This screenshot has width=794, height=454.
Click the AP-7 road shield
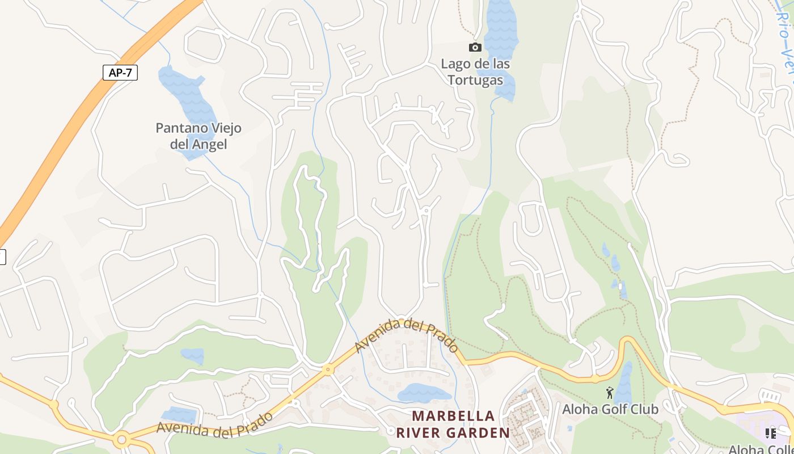[120, 73]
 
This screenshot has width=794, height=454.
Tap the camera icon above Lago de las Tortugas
[475, 48]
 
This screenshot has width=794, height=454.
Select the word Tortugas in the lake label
[475, 80]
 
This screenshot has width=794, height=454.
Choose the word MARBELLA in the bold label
[453, 416]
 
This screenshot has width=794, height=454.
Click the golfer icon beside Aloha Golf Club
[610, 392]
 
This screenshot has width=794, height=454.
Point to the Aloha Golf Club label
[610, 409]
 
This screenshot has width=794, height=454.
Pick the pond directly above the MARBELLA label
[424, 393]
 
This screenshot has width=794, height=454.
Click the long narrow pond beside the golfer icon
[624, 383]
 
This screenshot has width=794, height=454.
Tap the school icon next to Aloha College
[770, 434]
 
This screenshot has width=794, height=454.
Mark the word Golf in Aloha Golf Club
[611, 409]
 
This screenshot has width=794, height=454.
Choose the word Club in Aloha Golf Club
[645, 409]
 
